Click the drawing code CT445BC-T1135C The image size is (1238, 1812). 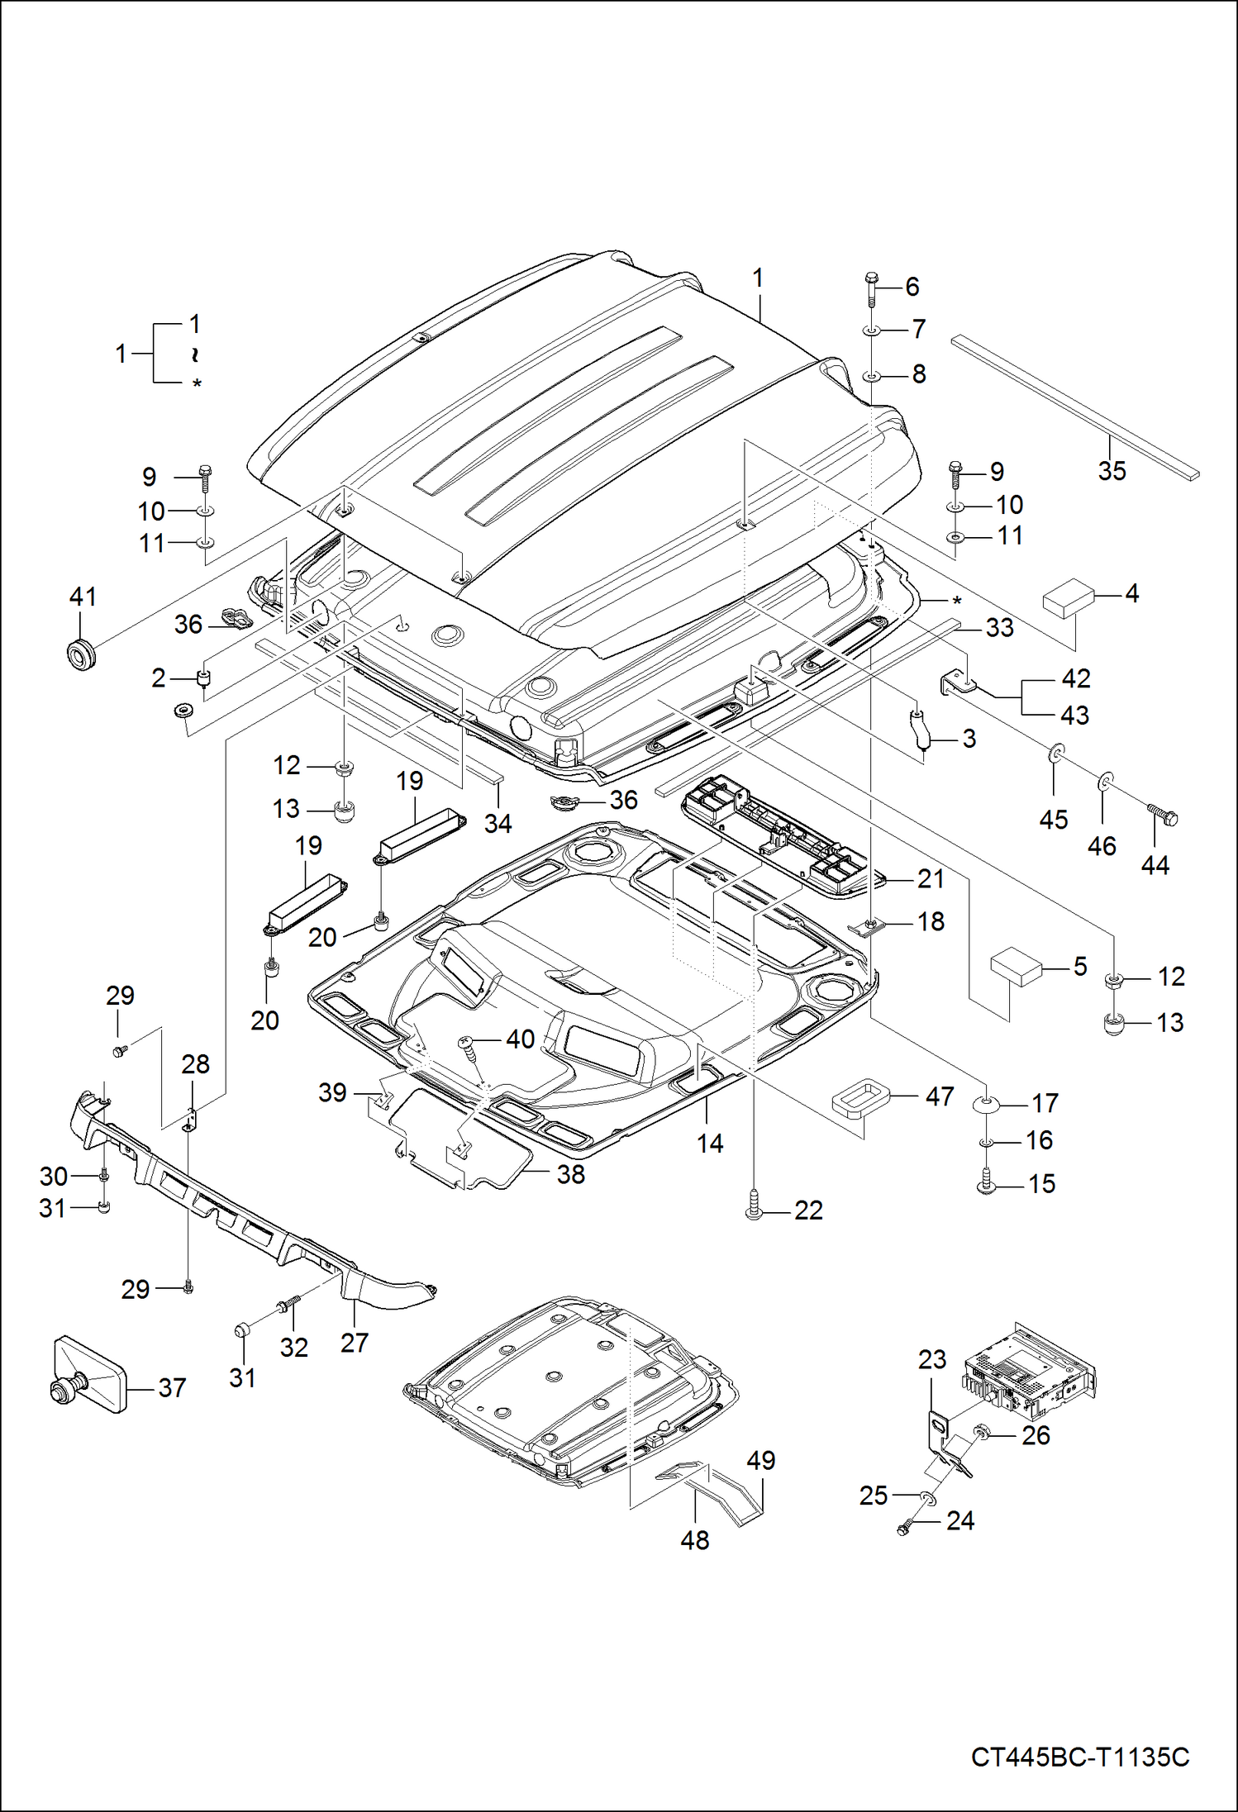coord(1079,1756)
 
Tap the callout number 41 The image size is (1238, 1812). coord(83,597)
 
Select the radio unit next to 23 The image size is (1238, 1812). coord(1029,1366)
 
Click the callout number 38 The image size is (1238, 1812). coord(570,1174)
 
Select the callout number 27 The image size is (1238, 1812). coord(354,1343)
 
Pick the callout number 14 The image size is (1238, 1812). coord(710,1144)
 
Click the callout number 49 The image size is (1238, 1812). coord(760,1460)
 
